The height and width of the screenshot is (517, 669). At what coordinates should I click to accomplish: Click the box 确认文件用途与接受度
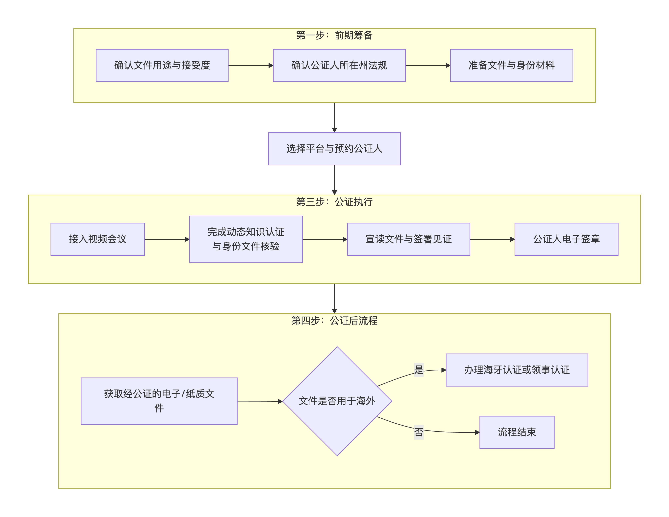pos(162,66)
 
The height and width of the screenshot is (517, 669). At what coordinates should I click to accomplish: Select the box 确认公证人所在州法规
pos(339,66)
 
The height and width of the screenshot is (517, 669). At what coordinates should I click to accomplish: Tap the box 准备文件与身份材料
pos(511,66)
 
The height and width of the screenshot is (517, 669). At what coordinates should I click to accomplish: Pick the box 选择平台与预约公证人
pos(334,149)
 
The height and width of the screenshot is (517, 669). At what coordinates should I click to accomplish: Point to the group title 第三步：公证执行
pos(334,202)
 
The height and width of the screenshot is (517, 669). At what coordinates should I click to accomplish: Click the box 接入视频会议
pos(97,239)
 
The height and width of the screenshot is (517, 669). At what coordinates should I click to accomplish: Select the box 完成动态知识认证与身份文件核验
pos(246,239)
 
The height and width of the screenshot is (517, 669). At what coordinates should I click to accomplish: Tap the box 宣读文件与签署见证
pos(408,239)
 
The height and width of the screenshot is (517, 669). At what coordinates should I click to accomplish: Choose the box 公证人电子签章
pos(566,239)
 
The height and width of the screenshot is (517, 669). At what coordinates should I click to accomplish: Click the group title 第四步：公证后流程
pos(334,321)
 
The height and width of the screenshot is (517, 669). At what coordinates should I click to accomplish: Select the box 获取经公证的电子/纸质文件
pos(159,401)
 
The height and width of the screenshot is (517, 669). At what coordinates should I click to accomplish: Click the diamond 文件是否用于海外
pos(337,401)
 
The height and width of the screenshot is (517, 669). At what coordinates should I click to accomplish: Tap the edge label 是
pos(418,370)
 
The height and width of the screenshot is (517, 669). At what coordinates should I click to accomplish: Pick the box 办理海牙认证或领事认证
pos(517,370)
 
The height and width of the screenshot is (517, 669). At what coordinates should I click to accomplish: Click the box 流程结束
pos(517,432)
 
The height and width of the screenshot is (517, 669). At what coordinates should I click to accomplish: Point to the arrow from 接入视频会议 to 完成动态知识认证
pos(167,239)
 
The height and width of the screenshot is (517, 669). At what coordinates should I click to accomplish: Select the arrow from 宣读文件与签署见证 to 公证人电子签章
pos(492,239)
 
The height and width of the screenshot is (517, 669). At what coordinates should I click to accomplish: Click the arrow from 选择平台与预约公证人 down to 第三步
pos(334,180)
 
